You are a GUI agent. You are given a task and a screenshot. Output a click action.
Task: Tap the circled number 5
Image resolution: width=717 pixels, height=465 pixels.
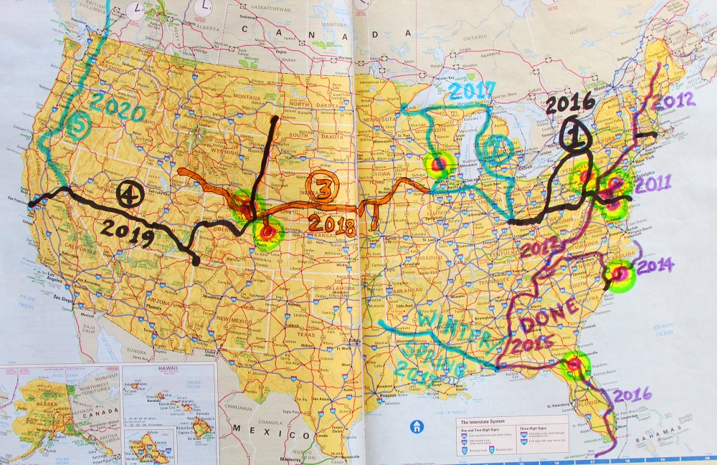[x=77, y=128]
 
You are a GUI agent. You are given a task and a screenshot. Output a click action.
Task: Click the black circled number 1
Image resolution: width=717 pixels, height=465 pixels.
[x=574, y=134]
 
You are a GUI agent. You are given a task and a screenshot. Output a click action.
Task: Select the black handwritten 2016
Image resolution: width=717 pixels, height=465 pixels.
[x=569, y=104]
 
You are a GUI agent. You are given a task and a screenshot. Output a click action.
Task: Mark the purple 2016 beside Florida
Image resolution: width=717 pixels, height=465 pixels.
[x=632, y=393]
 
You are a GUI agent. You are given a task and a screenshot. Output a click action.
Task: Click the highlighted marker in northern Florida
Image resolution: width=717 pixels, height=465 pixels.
[x=574, y=365]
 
